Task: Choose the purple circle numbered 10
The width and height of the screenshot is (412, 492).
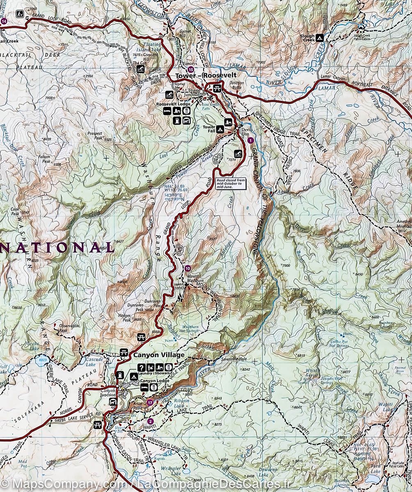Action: pyautogui.click(x=188, y=269)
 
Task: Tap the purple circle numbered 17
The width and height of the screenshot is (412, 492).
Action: pyautogui.click(x=150, y=403)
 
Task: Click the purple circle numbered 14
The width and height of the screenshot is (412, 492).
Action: pyautogui.click(x=4, y=21)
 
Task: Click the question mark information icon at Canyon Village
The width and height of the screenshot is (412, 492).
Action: pyautogui.click(x=142, y=367)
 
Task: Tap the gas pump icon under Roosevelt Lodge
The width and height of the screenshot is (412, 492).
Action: pyautogui.click(x=178, y=120)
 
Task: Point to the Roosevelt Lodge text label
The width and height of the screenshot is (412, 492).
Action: pyautogui.click(x=173, y=104)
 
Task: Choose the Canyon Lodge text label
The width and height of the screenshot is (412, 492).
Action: pyautogui.click(x=154, y=381)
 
